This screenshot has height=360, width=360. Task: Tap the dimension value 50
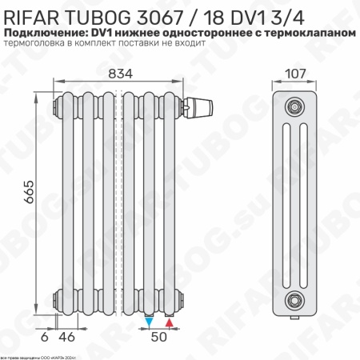click(x=160, y=338)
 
